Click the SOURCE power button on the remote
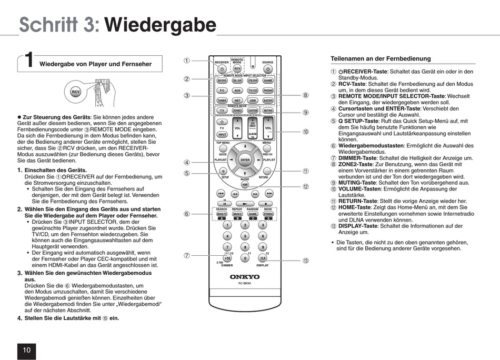[x=268, y=69]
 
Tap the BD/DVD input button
[x=222, y=81]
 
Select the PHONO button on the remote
[x=268, y=91]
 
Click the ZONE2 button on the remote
[x=237, y=111]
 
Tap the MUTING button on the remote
[x=268, y=111]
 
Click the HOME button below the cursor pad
[x=245, y=185]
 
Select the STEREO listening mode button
[x=268, y=214]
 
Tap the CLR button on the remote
[x=263, y=258]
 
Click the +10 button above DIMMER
[x=227, y=258]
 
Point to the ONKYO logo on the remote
[x=245, y=277]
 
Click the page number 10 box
[x=27, y=350]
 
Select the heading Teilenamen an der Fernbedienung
[x=381, y=58]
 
